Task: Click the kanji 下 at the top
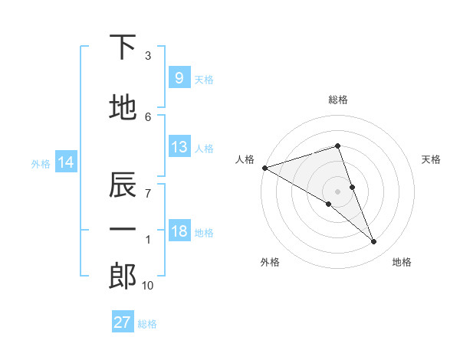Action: point(123,47)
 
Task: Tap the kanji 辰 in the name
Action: point(123,185)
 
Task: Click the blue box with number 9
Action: point(179,77)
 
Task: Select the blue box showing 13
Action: point(179,147)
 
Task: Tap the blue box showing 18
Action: point(179,231)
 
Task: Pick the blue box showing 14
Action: point(66,162)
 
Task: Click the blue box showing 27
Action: point(123,322)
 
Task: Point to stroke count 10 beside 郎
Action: point(147,286)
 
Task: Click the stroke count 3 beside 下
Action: point(148,56)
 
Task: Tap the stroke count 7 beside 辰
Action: point(148,192)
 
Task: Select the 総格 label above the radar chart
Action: point(338,100)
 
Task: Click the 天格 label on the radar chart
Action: point(432,159)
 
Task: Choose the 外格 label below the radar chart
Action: point(270,262)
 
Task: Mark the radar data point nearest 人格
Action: point(264,167)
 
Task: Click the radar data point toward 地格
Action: point(374,242)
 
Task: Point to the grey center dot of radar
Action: point(337,191)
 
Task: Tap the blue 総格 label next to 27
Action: point(147,324)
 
